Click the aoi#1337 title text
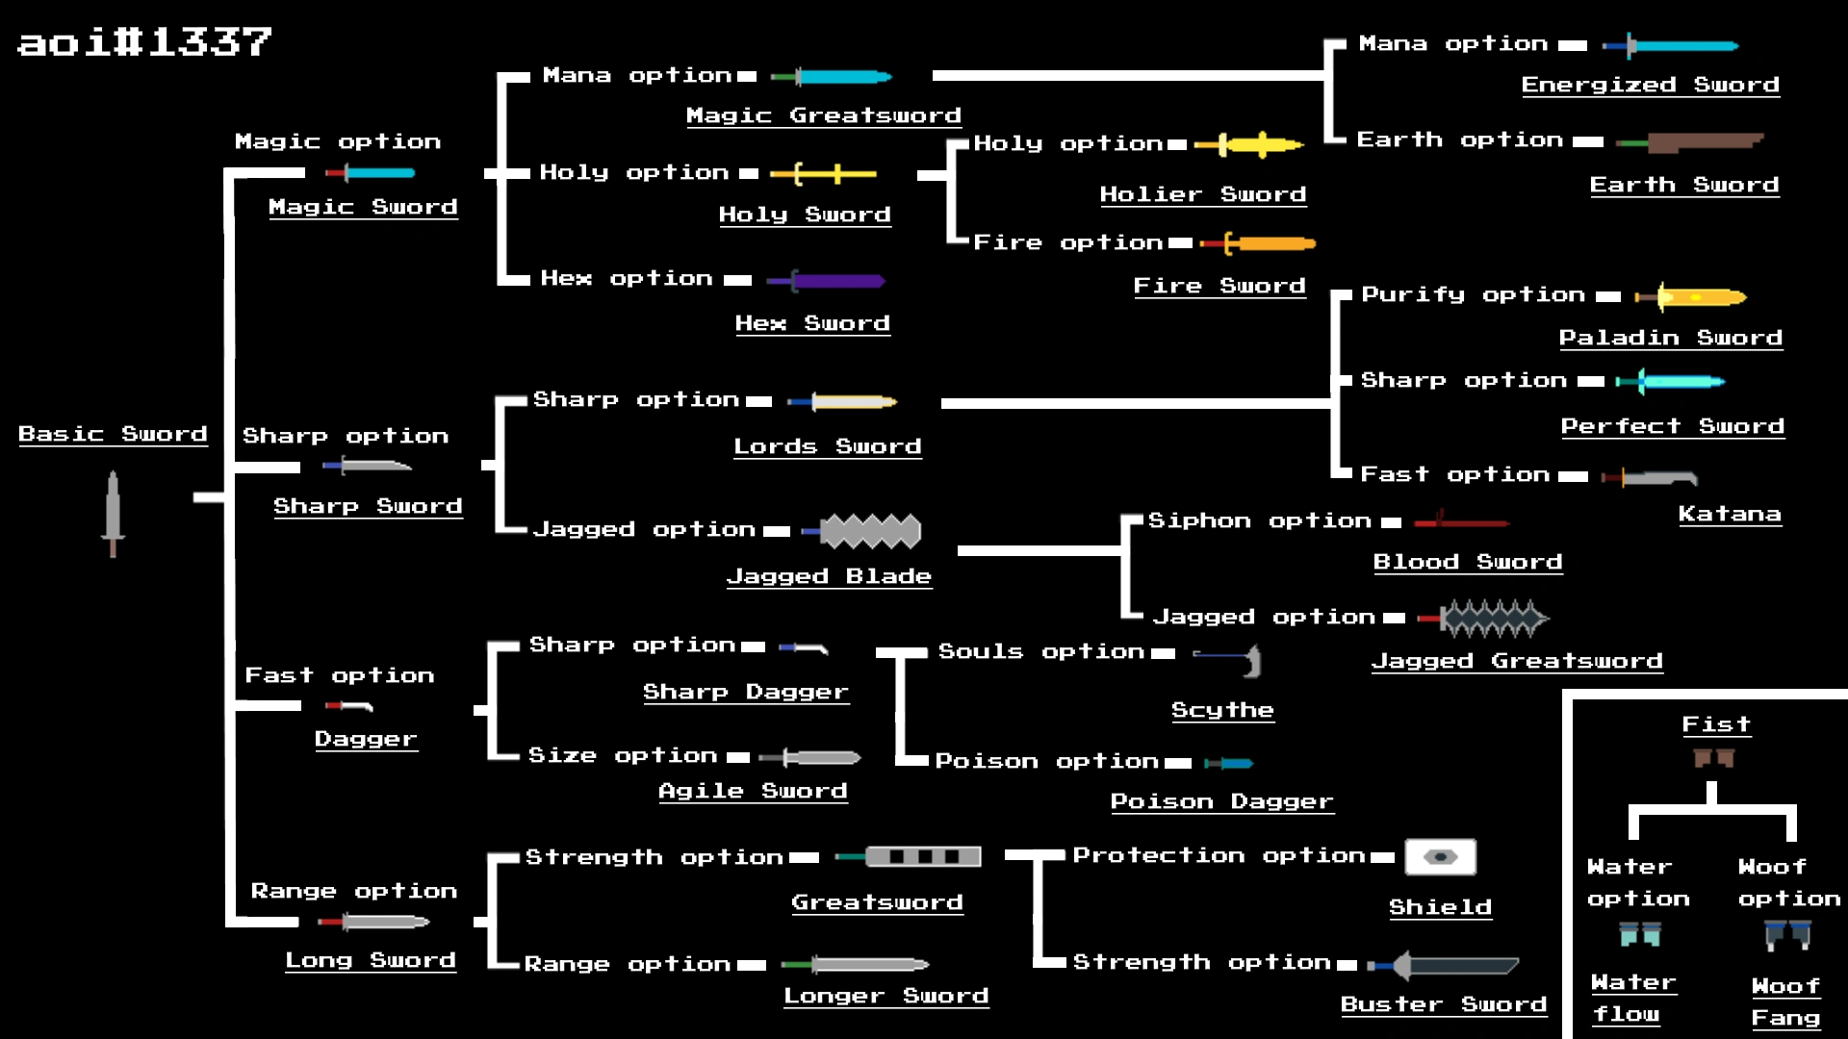(x=144, y=41)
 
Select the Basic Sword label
(x=113, y=434)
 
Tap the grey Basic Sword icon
(x=114, y=513)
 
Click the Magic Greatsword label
(x=823, y=115)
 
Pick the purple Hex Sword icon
(x=826, y=281)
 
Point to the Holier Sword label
(x=1202, y=194)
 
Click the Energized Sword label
(x=1650, y=85)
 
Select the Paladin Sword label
(x=1670, y=338)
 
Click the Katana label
(x=1730, y=515)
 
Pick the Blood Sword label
(x=1467, y=562)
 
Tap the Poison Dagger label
(x=1221, y=801)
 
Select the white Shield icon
(x=1440, y=856)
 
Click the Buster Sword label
(x=1443, y=1004)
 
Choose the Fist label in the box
(x=1716, y=724)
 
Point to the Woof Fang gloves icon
(x=1787, y=934)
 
